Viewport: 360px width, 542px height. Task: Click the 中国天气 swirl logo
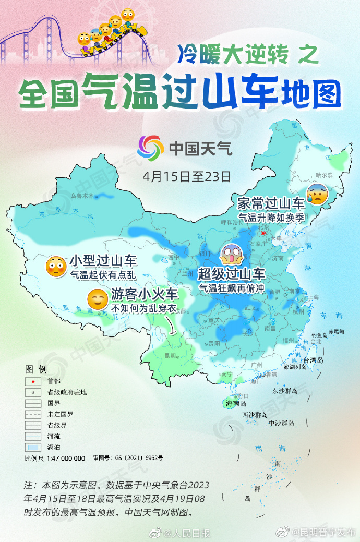(x=150, y=148)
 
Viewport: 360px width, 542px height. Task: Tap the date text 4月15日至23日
(x=187, y=175)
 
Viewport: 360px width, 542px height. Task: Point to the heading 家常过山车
(x=270, y=203)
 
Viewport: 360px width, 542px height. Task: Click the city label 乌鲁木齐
(x=81, y=196)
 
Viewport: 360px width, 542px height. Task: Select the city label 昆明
(x=170, y=355)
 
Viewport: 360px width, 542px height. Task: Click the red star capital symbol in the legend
(x=33, y=381)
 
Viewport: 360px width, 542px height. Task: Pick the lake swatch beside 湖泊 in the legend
(x=33, y=447)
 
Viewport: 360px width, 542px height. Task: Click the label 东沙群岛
(x=285, y=390)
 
